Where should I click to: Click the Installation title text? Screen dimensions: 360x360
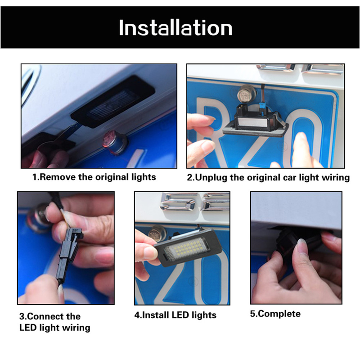click(175, 27)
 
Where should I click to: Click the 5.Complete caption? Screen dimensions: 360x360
click(275, 314)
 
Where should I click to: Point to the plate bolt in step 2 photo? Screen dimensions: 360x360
click(246, 94)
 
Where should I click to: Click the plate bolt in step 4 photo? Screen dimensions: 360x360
click(157, 234)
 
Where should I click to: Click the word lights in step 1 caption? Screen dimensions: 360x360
click(144, 177)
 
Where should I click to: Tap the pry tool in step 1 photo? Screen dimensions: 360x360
click(58, 140)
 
